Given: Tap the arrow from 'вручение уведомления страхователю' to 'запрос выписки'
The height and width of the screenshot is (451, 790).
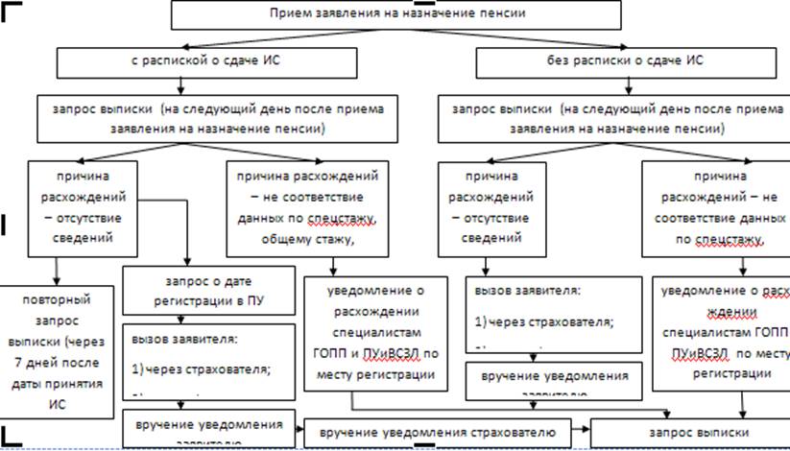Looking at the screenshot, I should (x=583, y=432).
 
